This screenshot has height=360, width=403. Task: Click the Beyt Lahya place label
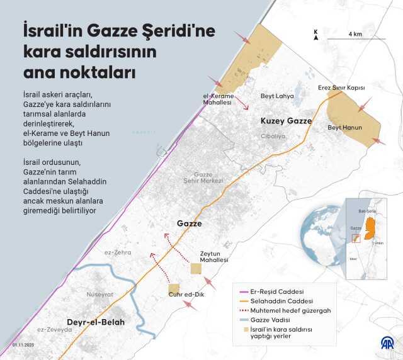pos(277,96)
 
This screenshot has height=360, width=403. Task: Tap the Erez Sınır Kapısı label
pos(341,88)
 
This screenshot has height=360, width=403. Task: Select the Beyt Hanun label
pos(344,127)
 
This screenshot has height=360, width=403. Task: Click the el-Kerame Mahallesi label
pos(217,98)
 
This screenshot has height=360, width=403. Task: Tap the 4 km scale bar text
pos(355,33)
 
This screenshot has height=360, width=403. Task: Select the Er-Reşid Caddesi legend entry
pos(278,292)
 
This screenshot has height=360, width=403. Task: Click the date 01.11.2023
pos(23,346)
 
